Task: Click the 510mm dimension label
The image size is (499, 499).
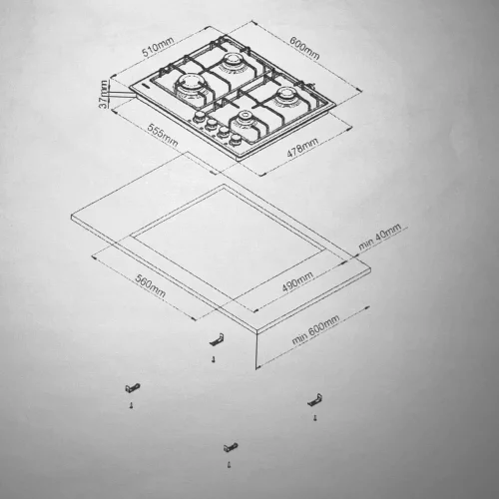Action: tap(158, 47)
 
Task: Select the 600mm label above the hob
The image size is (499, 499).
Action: tap(304, 48)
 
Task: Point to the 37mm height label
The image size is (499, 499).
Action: tap(104, 94)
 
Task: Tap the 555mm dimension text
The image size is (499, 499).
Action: tap(163, 136)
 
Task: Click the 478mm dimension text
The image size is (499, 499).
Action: tap(302, 147)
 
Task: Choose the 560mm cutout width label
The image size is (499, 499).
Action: tap(151, 285)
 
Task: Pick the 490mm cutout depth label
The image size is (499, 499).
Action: tap(297, 281)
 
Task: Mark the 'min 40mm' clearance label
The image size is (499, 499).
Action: tap(379, 237)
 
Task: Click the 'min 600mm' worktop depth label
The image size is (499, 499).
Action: tap(315, 329)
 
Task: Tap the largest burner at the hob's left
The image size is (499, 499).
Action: tap(189, 86)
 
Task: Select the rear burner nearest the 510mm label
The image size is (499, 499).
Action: tap(231, 63)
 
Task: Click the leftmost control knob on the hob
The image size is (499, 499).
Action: tap(200, 117)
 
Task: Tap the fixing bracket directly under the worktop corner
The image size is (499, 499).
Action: tap(216, 339)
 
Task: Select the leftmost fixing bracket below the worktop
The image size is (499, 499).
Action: tap(133, 387)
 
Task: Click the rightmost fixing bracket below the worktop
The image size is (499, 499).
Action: tap(314, 400)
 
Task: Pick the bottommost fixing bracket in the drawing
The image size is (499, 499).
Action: tap(231, 447)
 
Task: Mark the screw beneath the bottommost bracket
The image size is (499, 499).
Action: tap(230, 465)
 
